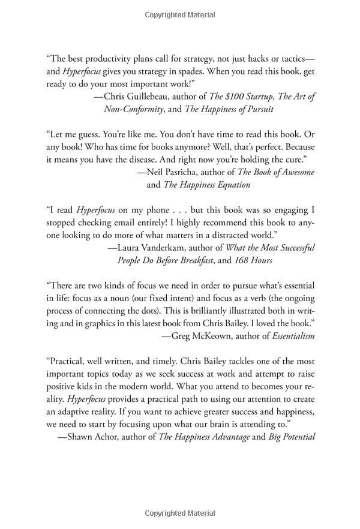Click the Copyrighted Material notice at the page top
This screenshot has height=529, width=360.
[x=180, y=13]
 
